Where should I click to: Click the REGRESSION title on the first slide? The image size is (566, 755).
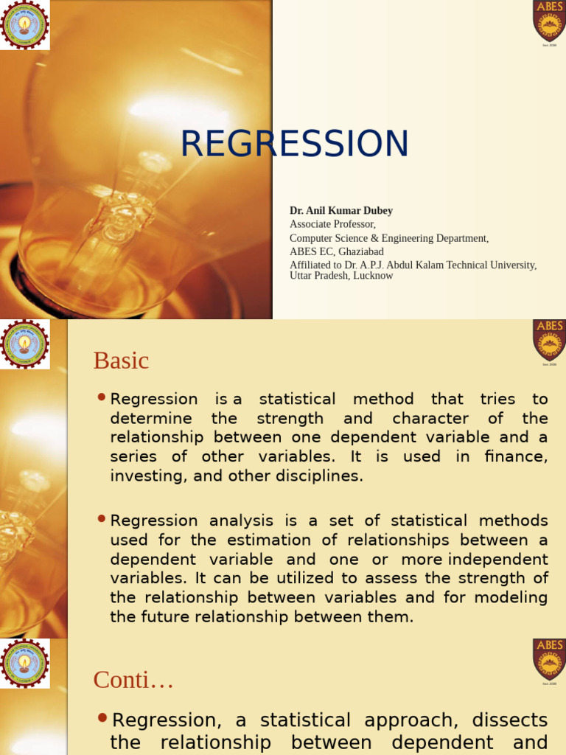coord(294,144)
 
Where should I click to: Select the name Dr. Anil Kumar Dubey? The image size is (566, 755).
coord(340,211)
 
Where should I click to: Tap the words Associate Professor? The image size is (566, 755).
coord(332,224)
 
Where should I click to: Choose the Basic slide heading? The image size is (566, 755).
coord(121,361)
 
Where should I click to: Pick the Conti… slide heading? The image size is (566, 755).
coord(133,680)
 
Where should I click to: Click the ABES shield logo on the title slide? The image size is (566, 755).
coord(549,21)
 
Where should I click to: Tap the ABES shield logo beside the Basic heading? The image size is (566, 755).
coord(549,340)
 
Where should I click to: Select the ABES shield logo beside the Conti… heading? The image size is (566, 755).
coord(549,659)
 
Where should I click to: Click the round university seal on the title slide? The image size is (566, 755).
coord(25,24)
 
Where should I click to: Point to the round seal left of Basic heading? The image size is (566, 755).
coord(25,344)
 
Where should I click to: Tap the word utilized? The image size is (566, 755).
coord(289,578)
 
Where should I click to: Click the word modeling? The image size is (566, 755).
coord(514,597)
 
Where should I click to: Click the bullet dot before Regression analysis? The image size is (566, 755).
coord(102,520)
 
